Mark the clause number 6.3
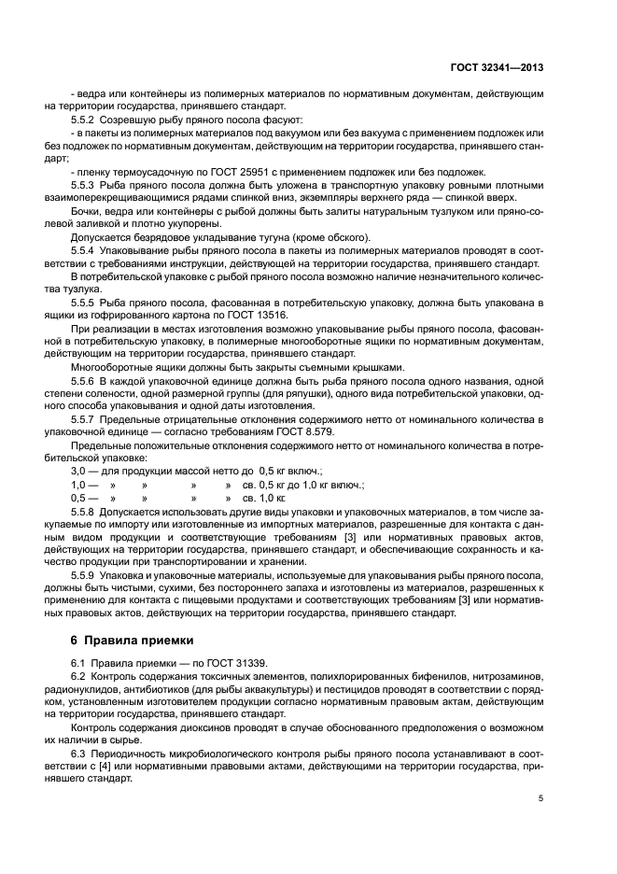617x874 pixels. pyautogui.click(x=78, y=752)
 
